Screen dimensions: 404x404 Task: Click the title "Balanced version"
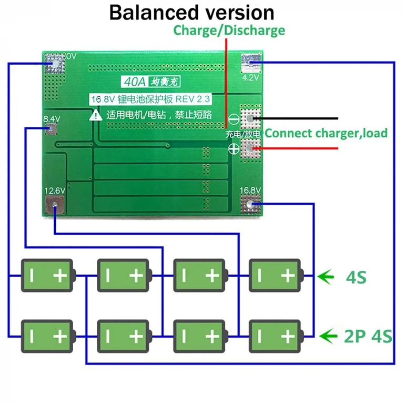tap(191, 13)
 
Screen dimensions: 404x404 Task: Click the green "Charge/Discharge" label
tap(229, 30)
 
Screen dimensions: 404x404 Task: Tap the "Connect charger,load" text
tap(326, 133)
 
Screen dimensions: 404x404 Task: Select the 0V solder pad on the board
tap(54, 64)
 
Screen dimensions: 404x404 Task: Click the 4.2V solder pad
tap(251, 63)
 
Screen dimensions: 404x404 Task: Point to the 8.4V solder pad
tap(52, 129)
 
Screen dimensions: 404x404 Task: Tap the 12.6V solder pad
tap(55, 204)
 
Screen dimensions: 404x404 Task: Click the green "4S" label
tap(356, 276)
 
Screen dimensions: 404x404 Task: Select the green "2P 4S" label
tap(368, 335)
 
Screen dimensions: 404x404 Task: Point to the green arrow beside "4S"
tap(327, 276)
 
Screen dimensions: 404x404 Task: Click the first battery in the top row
tap(47, 275)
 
